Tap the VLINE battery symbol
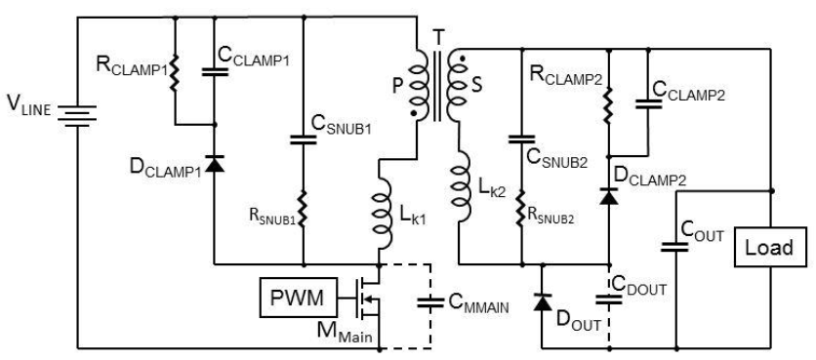pyautogui.click(x=77, y=115)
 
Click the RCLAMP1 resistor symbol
pyautogui.click(x=175, y=72)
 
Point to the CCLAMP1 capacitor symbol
pyautogui.click(x=215, y=71)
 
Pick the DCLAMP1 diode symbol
pyautogui.click(x=215, y=163)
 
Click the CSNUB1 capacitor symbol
pyautogui.click(x=304, y=140)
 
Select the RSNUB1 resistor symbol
pyautogui.click(x=304, y=210)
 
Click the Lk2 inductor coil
pyautogui.click(x=461, y=187)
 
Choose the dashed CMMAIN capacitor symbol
pyautogui.click(x=430, y=302)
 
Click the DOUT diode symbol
pyautogui.click(x=543, y=301)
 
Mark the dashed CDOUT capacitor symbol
pyautogui.click(x=609, y=300)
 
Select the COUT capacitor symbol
pyautogui.click(x=676, y=247)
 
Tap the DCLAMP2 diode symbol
pyautogui.click(x=609, y=197)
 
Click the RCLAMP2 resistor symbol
pyautogui.click(x=609, y=104)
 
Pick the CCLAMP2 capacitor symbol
pyautogui.click(x=648, y=103)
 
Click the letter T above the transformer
pyautogui.click(x=438, y=37)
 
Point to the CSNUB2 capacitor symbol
pyautogui.click(x=521, y=140)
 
